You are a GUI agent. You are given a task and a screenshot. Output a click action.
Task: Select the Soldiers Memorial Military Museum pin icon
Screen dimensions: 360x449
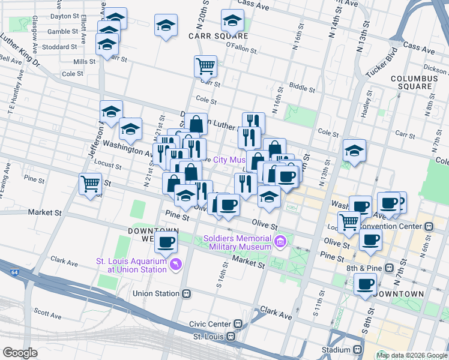coord(280,242)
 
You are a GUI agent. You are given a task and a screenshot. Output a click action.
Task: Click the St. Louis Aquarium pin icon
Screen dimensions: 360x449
coord(176,264)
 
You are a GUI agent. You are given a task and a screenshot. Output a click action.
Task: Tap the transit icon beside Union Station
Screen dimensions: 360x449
coord(187,293)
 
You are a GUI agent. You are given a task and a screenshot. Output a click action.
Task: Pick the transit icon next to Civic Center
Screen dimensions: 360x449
coord(238,323)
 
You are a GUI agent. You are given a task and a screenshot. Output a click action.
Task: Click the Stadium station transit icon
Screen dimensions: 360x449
coord(358,349)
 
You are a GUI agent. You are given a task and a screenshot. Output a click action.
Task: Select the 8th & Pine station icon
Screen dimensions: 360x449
coord(390,267)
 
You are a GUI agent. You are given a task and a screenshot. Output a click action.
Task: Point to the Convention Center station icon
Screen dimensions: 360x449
coord(429,227)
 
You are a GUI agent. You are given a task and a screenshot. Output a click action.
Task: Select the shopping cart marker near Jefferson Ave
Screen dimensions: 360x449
coord(90,183)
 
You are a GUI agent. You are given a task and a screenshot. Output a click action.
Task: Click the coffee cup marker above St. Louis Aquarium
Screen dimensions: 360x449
coord(166,242)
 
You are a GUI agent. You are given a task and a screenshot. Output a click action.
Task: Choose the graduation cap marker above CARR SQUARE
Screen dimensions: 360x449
coord(232,21)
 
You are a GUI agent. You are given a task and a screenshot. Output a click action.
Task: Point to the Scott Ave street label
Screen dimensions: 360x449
coord(48,314)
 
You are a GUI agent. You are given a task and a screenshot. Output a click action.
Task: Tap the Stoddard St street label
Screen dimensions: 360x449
coord(61,46)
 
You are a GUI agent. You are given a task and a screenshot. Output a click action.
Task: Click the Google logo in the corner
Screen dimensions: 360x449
coord(20,352)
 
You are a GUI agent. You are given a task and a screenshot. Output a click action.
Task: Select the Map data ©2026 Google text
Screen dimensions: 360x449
coord(412,355)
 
